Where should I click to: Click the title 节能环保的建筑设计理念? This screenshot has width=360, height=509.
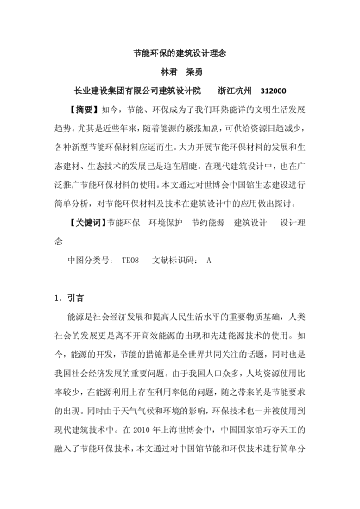tap(180, 52)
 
